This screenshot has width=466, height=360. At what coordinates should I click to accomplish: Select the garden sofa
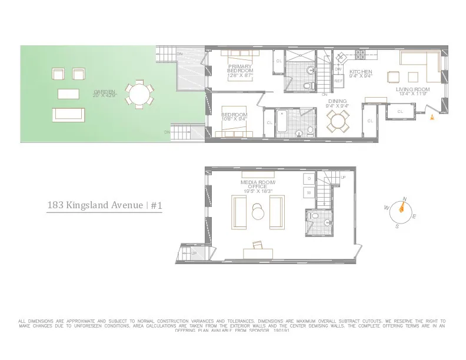click(x=69, y=115)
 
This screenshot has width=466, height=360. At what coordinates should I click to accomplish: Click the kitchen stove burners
click(x=360, y=56)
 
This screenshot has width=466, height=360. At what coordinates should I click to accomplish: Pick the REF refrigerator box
click(x=338, y=81)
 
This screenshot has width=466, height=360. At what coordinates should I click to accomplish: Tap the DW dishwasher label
click(x=338, y=69)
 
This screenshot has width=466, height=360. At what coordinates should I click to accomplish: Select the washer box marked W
click(x=309, y=192)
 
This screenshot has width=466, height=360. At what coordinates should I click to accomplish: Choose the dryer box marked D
click(x=309, y=179)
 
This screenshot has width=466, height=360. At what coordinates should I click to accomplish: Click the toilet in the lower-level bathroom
click(x=315, y=220)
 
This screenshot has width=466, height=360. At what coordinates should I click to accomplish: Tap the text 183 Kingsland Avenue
click(x=95, y=205)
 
